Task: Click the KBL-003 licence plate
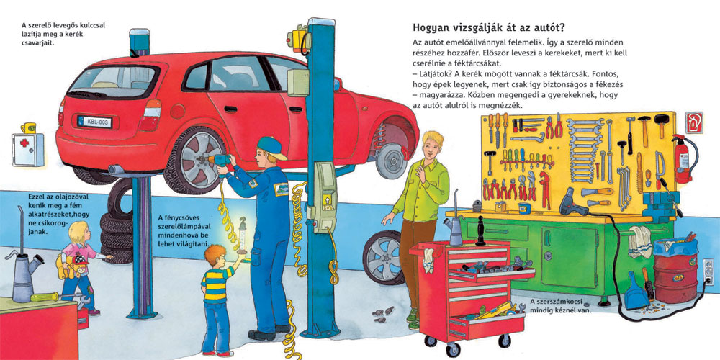click(94, 122)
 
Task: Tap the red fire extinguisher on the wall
click(683, 159)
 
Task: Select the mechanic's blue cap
click(271, 148)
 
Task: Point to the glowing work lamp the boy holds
click(241, 236)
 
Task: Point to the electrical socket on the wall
click(708, 272)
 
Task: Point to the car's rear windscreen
click(113, 83)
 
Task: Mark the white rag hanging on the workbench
click(639, 241)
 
